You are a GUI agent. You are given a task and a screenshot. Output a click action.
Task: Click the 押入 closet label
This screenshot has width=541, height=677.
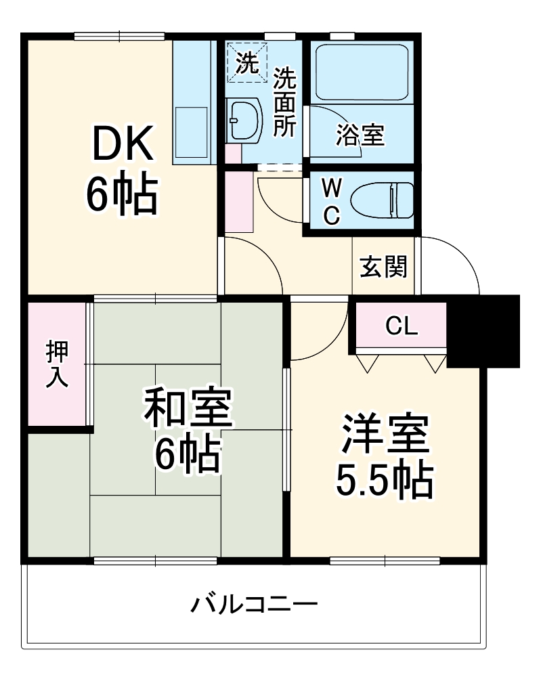(x=57, y=364)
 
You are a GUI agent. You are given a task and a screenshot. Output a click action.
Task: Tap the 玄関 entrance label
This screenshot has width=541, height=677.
(x=383, y=267)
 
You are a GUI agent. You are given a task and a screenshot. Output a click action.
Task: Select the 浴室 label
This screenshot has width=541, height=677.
(x=360, y=136)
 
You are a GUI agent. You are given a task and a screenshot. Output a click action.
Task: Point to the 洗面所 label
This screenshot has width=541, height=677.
(x=285, y=103)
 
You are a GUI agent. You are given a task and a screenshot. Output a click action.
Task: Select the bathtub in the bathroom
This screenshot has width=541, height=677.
(x=362, y=72)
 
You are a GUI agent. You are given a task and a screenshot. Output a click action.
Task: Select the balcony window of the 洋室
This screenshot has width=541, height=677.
(x=385, y=560)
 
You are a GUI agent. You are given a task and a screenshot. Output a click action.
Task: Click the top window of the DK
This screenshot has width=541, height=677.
(x=119, y=37)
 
